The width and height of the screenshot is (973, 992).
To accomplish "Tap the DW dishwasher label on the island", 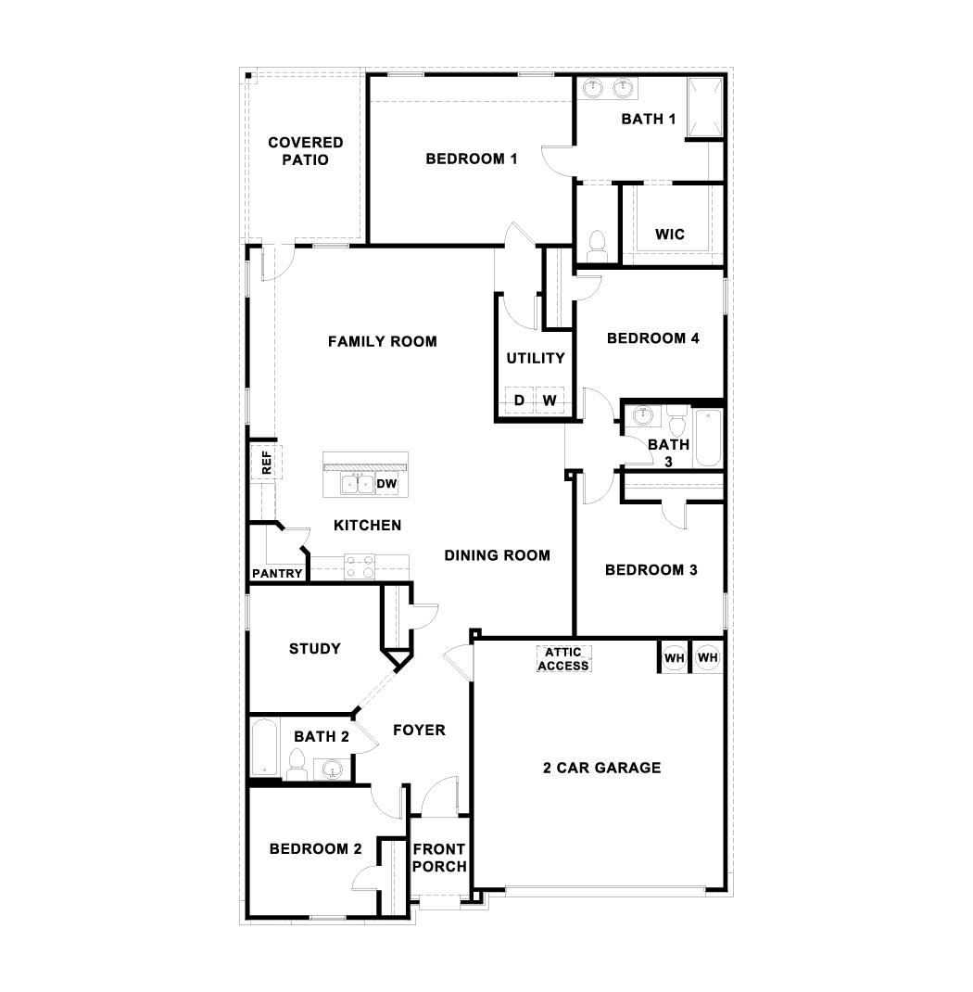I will [386, 484].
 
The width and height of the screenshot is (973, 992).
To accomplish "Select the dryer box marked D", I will [520, 400].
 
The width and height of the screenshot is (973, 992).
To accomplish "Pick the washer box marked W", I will [550, 400].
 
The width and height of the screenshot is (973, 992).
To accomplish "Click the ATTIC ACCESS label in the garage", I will [563, 659].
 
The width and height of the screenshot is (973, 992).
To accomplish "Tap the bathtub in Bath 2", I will [264, 747].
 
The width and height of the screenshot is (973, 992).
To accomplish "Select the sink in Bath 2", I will [331, 769].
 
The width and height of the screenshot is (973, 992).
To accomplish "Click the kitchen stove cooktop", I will [360, 565].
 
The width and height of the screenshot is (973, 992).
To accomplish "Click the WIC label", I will [670, 235].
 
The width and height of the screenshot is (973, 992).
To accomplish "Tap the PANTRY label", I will [277, 574].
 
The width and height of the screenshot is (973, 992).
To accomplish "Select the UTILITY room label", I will [536, 359].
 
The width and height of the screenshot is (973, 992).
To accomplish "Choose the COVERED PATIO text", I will [306, 151].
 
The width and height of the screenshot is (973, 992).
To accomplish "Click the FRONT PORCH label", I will [439, 858].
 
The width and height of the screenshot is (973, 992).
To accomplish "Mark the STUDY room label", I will [315, 649].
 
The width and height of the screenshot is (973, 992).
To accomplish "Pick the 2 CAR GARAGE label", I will [601, 768].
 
